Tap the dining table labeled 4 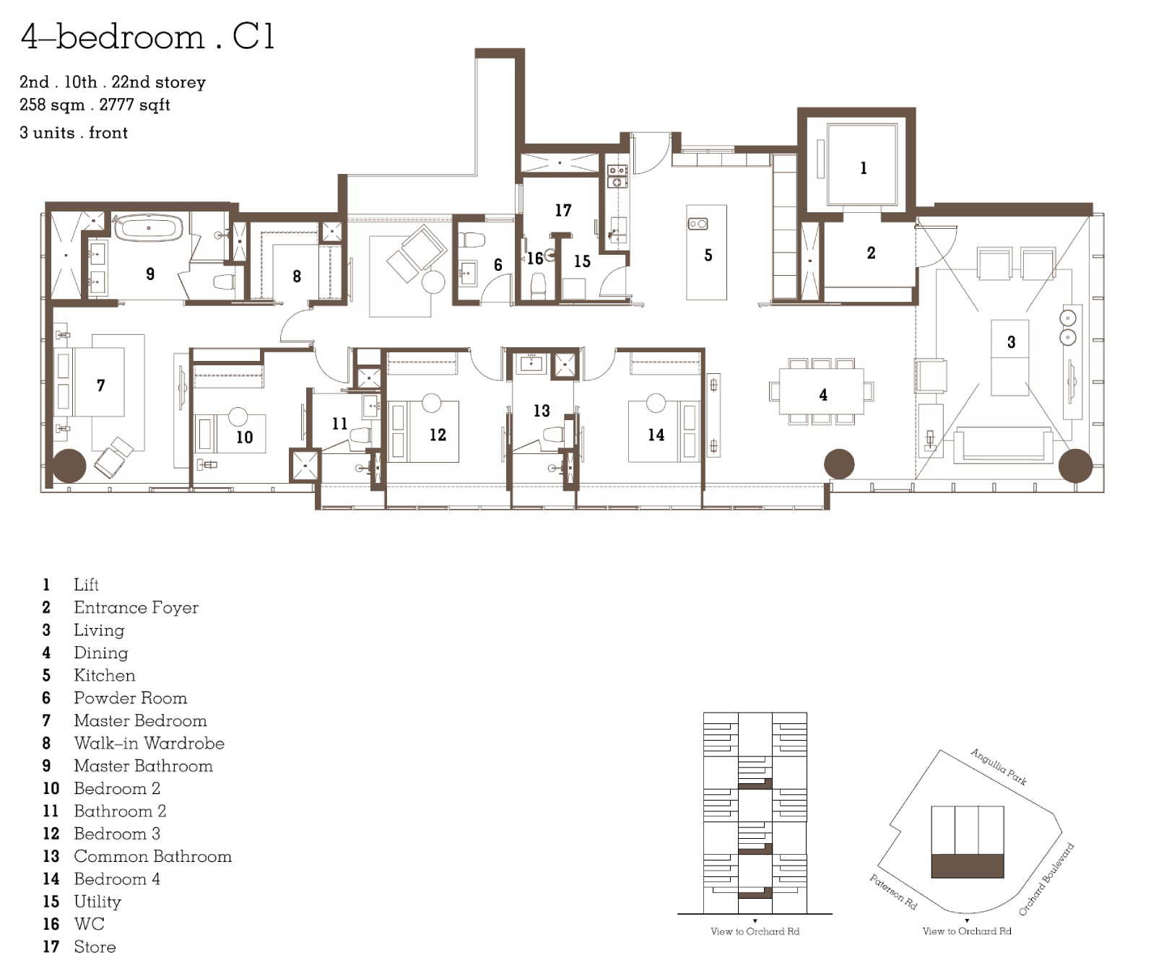tap(822, 391)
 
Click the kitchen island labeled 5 tap(706, 252)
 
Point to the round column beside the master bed tap(69, 466)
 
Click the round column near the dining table tap(839, 463)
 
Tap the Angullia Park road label tap(999, 767)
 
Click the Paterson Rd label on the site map tap(893, 892)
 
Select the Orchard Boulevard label tap(1046, 879)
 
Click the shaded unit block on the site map tap(968, 866)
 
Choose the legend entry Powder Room tap(130, 698)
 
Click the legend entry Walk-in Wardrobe tap(149, 743)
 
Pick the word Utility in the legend tap(97, 902)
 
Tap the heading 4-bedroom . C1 tap(148, 36)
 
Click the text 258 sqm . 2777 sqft tap(95, 105)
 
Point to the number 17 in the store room tap(563, 210)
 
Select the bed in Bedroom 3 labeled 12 tap(424, 432)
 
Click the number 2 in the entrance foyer tap(871, 253)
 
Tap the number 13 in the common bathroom tap(542, 411)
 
